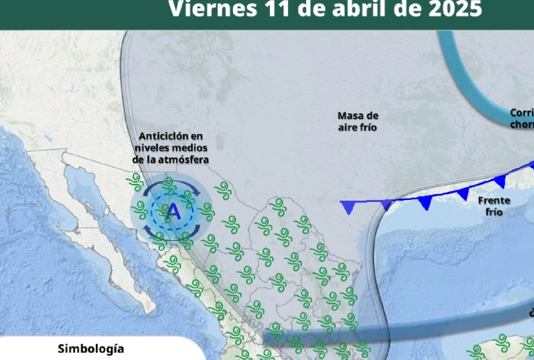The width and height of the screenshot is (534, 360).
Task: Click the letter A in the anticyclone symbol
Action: pyautogui.click(x=173, y=211)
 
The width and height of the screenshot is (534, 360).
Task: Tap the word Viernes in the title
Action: pyautogui.click(x=211, y=9)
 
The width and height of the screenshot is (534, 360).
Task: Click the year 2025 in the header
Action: pyautogui.click(x=451, y=9)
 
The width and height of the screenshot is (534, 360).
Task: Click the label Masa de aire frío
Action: pyautogui.click(x=358, y=121)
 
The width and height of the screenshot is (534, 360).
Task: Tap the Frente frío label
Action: pyautogui.click(x=494, y=206)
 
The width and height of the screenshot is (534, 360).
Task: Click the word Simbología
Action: pyautogui.click(x=85, y=348)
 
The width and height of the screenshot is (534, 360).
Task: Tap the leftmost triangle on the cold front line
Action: pyautogui.click(x=349, y=208)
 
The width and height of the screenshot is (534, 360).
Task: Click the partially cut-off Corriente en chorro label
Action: pyautogui.click(x=522, y=118)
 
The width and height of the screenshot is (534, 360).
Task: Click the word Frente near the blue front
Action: pyautogui.click(x=494, y=200)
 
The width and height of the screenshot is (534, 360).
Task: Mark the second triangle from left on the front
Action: pyautogui.click(x=387, y=205)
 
